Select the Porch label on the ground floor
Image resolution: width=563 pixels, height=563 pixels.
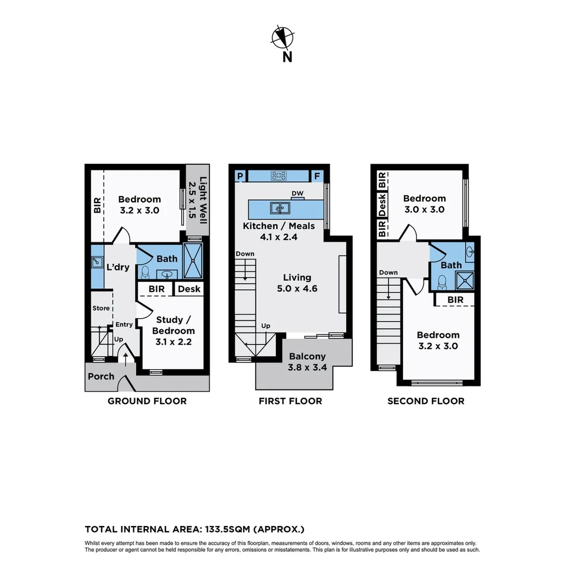point(101,376)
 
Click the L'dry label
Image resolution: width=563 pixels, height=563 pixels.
point(118,267)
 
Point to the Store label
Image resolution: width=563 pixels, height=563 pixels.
point(101,308)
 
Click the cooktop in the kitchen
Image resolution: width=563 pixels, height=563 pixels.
point(279,176)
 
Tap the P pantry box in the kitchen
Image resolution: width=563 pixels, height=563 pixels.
point(240,176)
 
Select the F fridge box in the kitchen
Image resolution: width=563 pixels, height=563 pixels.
point(317,176)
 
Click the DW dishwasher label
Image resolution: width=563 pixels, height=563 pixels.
point(297,194)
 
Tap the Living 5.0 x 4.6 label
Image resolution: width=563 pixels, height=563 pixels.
point(297,283)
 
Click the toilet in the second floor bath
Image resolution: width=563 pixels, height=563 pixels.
point(443,282)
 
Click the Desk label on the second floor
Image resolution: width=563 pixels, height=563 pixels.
point(382,205)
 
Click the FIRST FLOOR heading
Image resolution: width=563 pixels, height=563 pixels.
point(290,401)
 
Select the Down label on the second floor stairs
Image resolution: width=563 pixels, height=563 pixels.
point(388,273)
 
